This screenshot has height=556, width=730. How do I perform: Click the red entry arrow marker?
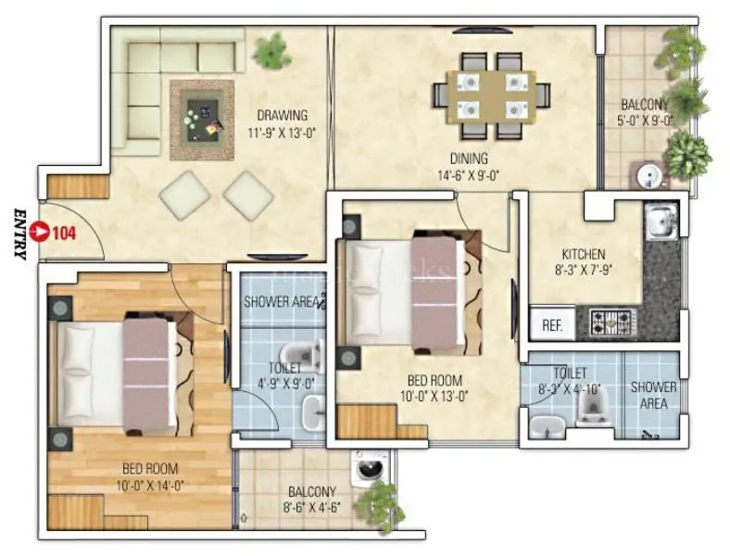[39, 232]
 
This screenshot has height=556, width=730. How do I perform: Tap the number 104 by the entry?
[64, 233]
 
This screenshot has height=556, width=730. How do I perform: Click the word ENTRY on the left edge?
[19, 233]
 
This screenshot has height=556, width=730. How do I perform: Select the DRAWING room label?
[282, 116]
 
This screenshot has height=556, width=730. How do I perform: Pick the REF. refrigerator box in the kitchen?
[552, 325]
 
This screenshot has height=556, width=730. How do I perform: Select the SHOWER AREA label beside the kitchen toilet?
[654, 396]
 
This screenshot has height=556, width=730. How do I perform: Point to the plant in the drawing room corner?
[271, 45]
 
